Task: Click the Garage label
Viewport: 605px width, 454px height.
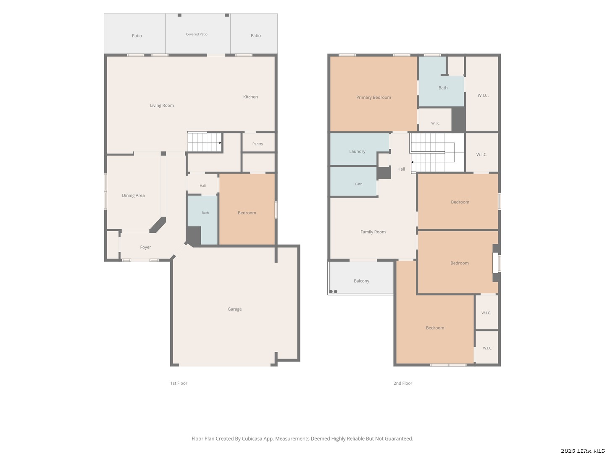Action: tap(234, 309)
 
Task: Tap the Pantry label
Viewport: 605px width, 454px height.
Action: tap(258, 144)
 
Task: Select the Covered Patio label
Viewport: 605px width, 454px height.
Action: tap(197, 34)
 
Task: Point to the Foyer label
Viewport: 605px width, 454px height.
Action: tap(145, 247)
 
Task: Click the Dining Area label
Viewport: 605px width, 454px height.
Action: tap(134, 195)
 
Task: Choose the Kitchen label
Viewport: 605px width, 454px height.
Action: tap(250, 97)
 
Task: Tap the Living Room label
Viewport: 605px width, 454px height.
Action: tap(162, 105)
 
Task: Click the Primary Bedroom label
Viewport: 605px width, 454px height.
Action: tap(374, 97)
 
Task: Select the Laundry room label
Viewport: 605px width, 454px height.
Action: tap(357, 151)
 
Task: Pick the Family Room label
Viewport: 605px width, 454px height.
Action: tap(373, 232)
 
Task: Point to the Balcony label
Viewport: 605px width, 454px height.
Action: tap(361, 281)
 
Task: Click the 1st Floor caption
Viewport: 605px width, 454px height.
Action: tap(179, 383)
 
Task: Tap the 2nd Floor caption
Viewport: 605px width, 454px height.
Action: tap(402, 383)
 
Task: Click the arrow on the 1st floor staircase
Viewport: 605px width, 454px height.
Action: tap(220, 143)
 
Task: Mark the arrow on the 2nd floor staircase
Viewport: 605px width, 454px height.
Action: tap(412, 162)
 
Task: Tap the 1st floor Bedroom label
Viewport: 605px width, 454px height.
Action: tap(247, 213)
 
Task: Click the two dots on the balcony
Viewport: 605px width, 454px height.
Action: tap(333, 291)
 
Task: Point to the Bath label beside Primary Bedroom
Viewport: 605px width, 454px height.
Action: tap(443, 88)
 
